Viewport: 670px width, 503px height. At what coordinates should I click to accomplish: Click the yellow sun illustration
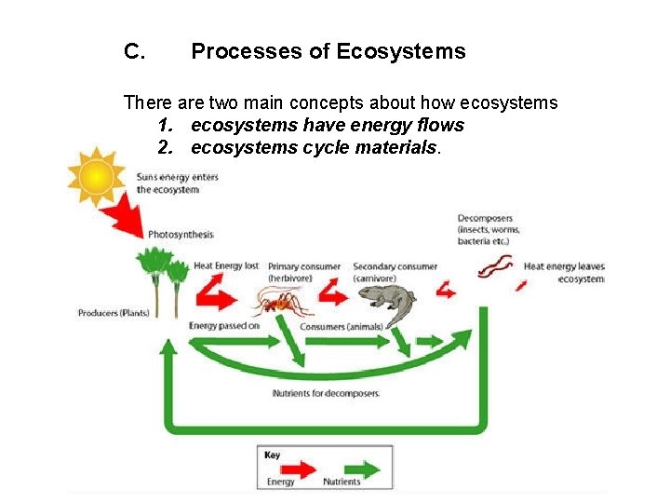click(95, 176)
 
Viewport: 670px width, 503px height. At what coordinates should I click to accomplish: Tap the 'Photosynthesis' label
click(181, 235)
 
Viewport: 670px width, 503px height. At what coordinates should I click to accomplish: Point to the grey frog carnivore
click(382, 300)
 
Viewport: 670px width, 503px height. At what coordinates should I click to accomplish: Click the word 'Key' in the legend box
click(272, 455)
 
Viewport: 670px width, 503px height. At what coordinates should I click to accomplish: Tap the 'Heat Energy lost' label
click(226, 266)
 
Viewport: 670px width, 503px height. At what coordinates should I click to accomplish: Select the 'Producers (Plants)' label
click(113, 313)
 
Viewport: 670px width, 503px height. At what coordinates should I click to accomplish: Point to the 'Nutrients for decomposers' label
click(326, 394)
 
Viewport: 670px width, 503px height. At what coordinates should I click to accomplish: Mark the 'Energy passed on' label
click(224, 326)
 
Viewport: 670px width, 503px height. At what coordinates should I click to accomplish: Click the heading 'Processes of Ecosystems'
click(328, 52)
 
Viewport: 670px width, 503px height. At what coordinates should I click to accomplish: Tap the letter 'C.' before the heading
click(133, 52)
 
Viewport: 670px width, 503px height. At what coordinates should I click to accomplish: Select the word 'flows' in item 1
click(435, 125)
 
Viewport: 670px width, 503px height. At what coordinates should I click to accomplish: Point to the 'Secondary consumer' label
click(395, 267)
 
